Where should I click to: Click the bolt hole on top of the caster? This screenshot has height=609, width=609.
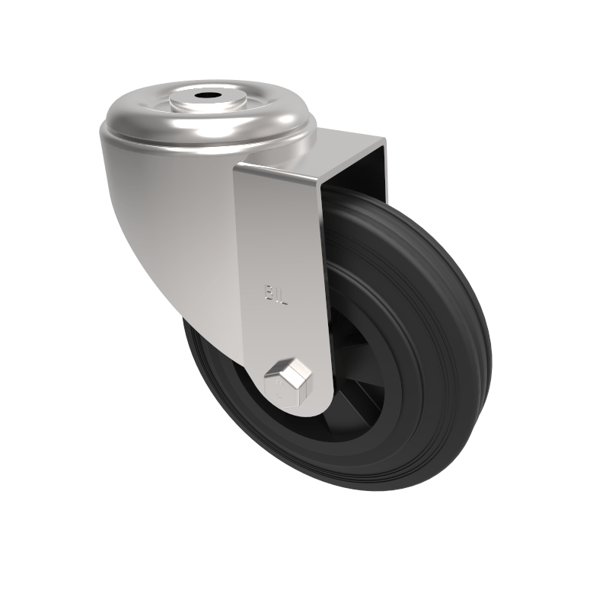coord(206,97)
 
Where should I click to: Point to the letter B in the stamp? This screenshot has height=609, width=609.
coord(269,293)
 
